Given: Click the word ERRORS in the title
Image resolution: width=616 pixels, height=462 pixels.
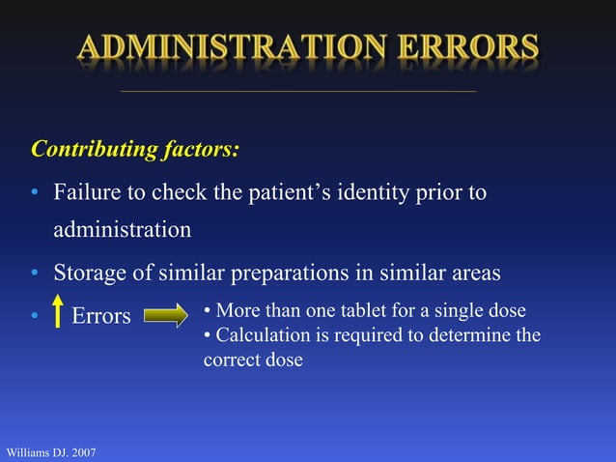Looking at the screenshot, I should (464, 47).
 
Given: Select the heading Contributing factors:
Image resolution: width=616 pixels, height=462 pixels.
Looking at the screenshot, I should (135, 150).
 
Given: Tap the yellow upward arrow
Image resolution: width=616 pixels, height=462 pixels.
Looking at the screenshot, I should (57, 312).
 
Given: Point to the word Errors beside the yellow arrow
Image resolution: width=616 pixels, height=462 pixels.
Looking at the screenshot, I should (101, 316).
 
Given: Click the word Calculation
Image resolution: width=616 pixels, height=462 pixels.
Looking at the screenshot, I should (259, 335).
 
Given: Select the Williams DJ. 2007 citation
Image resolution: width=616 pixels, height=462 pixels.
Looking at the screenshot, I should (50, 451).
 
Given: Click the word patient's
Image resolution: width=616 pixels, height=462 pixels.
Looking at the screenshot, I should (289, 192).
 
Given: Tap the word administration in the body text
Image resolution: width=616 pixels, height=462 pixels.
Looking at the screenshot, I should (122, 231).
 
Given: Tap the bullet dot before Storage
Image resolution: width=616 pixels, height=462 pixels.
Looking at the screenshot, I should (33, 274).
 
